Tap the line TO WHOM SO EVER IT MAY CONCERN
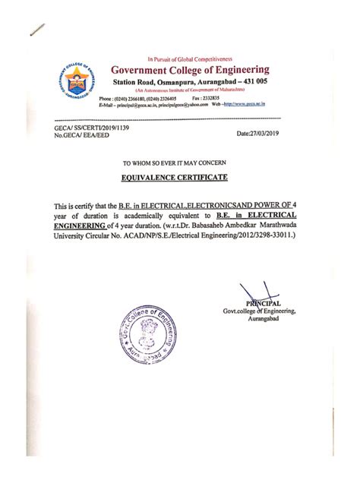[179, 163]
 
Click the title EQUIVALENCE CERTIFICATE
[179, 178]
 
